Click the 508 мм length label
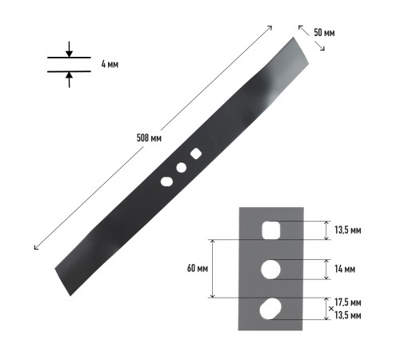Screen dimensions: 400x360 (x=149, y=138)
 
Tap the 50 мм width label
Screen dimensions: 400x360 (x=324, y=33)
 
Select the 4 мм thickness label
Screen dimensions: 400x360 (x=110, y=64)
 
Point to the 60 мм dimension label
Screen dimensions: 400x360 (x=198, y=268)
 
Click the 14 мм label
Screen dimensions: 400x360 (x=345, y=269)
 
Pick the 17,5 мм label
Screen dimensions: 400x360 (x=348, y=302)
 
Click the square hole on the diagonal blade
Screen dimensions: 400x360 (x=196, y=154)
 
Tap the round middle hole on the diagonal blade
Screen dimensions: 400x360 (x=182, y=167)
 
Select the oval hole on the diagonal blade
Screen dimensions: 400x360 (x=166, y=182)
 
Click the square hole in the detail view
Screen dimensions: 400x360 (x=271, y=230)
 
